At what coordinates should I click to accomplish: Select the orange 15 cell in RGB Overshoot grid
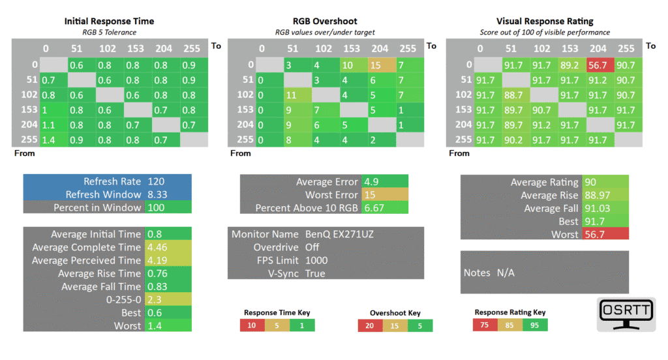382,65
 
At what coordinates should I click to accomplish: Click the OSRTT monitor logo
626,314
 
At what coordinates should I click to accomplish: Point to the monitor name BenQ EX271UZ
339,234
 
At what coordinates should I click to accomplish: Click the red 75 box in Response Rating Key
485,325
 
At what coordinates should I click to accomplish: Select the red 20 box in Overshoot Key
370,326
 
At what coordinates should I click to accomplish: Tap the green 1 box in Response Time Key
302,325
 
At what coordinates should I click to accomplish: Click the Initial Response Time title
109,21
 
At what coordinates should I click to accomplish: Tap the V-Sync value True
315,273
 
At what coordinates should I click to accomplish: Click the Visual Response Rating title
545,21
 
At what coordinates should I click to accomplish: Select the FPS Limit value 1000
316,260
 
